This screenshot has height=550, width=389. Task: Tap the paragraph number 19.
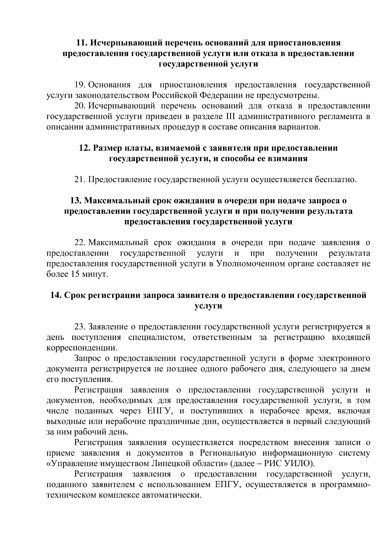[x=80, y=85]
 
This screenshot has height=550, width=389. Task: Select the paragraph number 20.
[x=80, y=106]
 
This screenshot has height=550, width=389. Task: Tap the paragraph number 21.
[x=80, y=180]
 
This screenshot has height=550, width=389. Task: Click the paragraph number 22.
[x=80, y=243]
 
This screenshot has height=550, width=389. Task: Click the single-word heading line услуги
[x=208, y=306]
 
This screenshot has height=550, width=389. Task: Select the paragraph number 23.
[x=80, y=327]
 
